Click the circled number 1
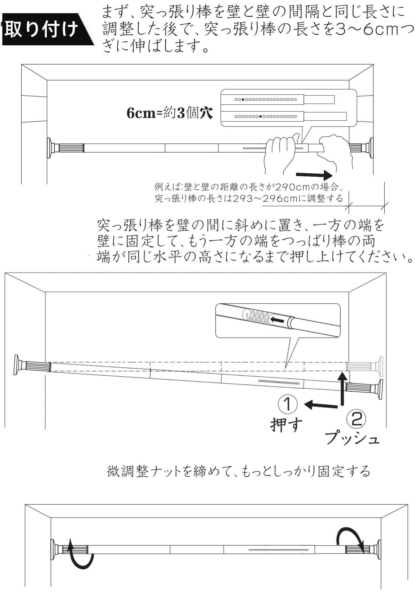click(x=287, y=403)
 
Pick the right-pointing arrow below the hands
click(x=314, y=174)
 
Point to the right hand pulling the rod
click(x=335, y=151)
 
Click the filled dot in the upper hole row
click(x=243, y=100)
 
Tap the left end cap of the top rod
click(x=51, y=148)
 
